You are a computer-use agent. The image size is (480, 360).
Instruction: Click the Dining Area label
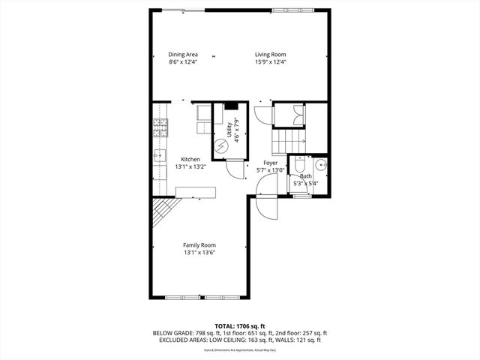[x=182, y=55]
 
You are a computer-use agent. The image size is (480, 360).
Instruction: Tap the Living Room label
[x=270, y=55]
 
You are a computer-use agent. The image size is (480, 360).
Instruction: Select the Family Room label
[x=199, y=245]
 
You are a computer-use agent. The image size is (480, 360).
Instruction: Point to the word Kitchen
[x=190, y=159]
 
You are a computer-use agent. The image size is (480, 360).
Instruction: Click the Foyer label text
[x=270, y=163]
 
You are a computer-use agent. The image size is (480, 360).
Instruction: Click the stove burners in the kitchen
[x=161, y=128]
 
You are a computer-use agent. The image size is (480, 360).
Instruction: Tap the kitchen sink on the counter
[x=160, y=157]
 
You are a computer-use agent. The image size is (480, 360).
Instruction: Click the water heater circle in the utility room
[x=222, y=147]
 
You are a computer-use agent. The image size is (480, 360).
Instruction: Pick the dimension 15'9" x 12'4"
[x=270, y=62]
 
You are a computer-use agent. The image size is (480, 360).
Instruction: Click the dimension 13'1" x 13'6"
[x=199, y=253]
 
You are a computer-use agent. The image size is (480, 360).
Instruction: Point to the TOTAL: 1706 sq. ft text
[x=239, y=326]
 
